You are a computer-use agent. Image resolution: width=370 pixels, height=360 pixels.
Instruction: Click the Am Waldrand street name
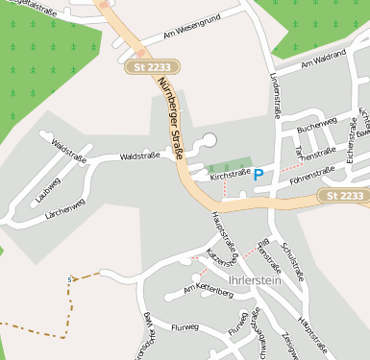click(x=323, y=60)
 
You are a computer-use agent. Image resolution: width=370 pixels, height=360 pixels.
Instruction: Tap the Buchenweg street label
click(x=317, y=124)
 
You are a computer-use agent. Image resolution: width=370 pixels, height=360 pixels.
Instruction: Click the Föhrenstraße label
click(x=310, y=173)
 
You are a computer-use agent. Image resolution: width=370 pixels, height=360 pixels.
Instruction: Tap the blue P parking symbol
click(x=258, y=174)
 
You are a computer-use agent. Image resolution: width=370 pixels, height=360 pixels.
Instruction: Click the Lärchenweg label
click(x=65, y=208)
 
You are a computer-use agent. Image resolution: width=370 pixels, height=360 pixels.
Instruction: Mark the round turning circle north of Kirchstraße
click(x=209, y=141)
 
